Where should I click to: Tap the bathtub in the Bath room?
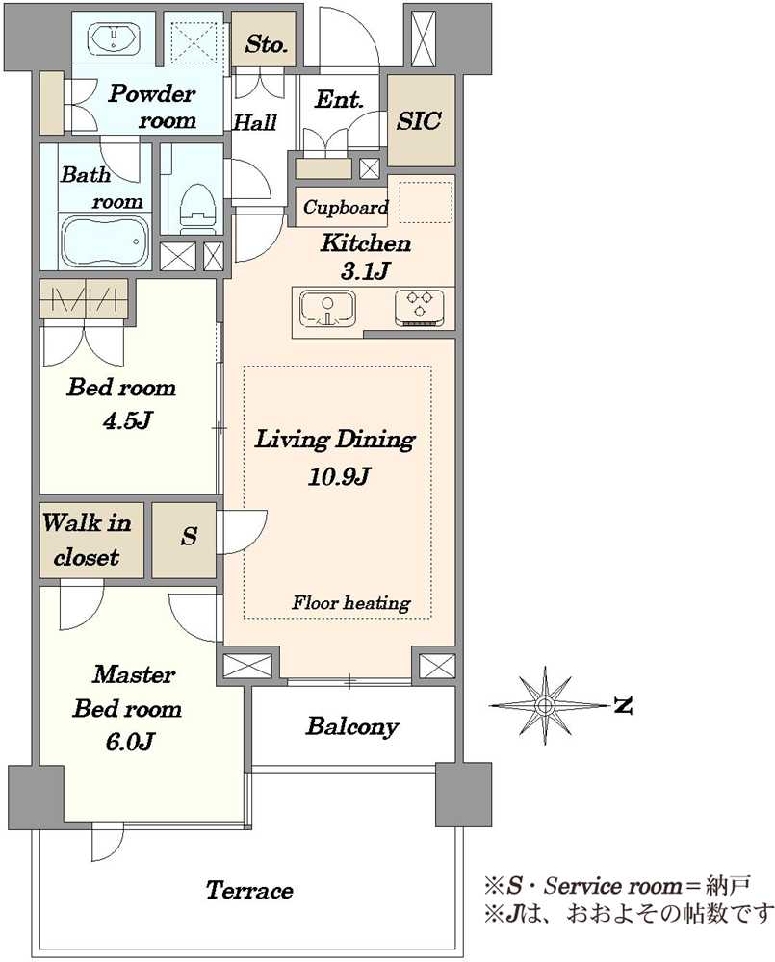pos(106,240)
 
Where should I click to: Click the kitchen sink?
pos(327,309)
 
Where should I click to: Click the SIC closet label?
pos(418,120)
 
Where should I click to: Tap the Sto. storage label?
pos(266,43)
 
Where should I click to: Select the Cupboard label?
pos(346,208)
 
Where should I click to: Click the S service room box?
pos(184,541)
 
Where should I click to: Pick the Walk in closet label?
pos(87,540)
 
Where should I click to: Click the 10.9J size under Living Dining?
pos(339,476)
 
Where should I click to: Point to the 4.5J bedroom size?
pos(128,421)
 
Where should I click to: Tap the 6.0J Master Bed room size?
pos(129,743)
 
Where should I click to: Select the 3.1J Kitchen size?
pos(366,270)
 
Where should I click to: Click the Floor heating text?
pos(351,603)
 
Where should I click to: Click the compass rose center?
pos(544,705)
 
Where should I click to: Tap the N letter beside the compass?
pos(623,706)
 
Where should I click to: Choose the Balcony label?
pos(352,726)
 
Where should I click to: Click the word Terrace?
pos(249,890)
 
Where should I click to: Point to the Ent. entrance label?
pos(339,99)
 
